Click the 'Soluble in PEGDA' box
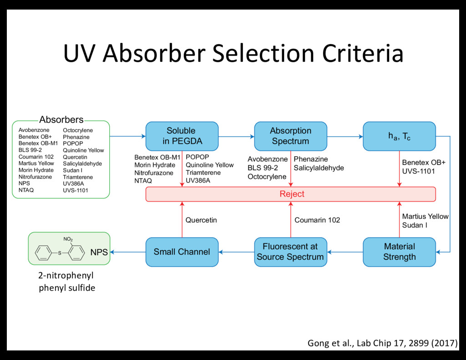[181, 136]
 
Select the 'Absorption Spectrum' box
[290, 136]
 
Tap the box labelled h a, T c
[399, 136]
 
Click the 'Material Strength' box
[399, 252]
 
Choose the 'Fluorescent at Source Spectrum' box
[290, 252]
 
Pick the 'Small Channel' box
[182, 252]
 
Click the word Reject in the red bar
[292, 194]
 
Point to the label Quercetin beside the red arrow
[201, 220]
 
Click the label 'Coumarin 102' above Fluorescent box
[317, 220]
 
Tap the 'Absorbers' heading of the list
[61, 120]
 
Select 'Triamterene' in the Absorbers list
[78, 177]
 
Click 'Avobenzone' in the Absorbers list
[34, 130]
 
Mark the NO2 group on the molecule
[68, 239]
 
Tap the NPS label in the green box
[99, 253]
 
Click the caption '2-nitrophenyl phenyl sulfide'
[67, 282]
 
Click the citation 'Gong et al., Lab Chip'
[382, 343]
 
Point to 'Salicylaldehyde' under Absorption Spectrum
[319, 168]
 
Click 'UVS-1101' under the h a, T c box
[418, 171]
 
